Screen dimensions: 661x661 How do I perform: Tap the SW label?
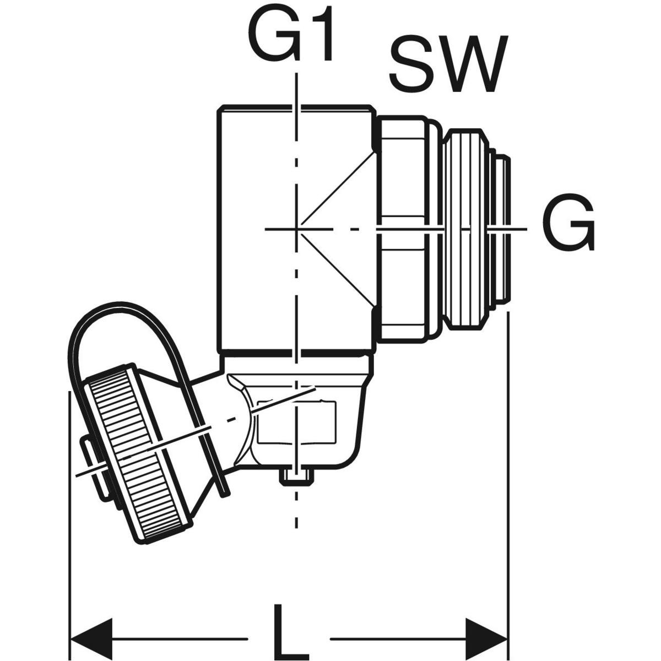[x=447, y=66]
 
